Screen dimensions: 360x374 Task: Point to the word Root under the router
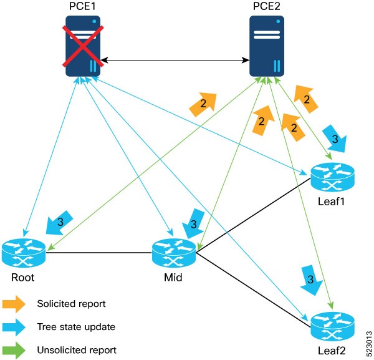pyautogui.click(x=24, y=276)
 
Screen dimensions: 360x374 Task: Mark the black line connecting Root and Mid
pyautogui.click(x=98, y=253)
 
